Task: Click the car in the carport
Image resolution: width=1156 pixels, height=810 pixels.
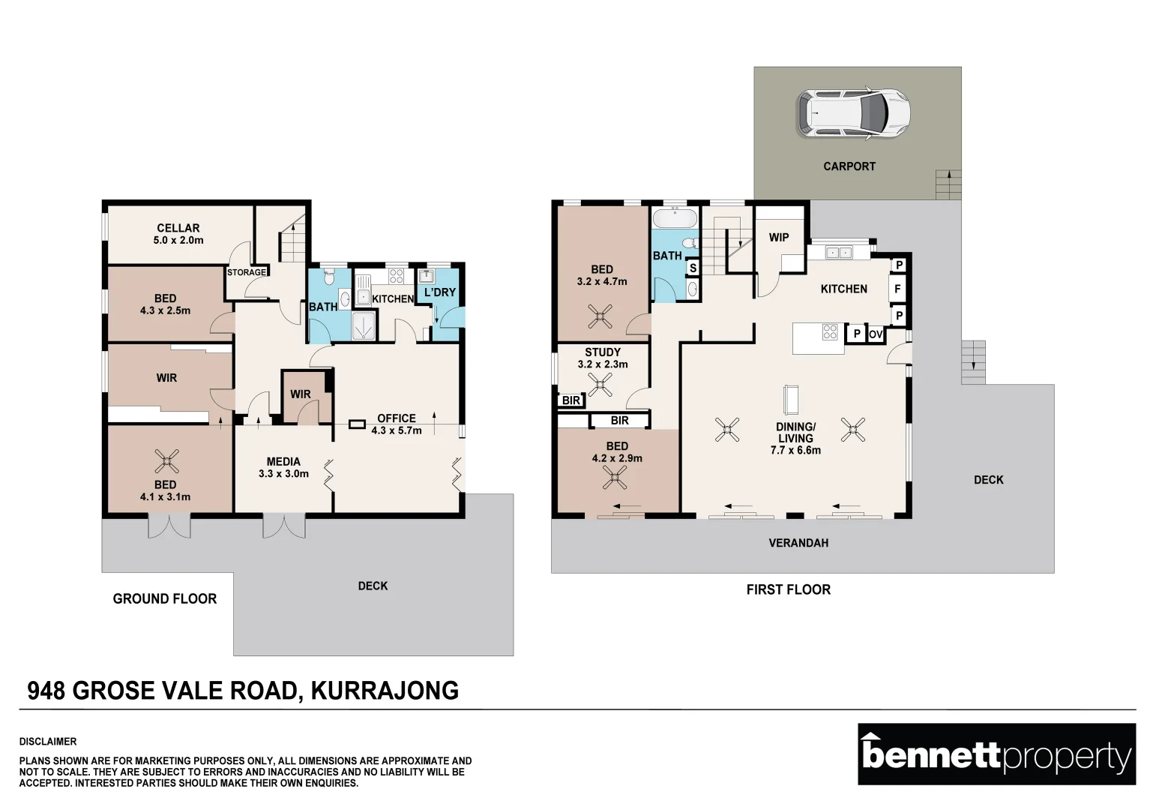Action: coord(853,114)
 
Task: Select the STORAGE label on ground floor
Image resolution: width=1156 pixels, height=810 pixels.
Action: coord(247,272)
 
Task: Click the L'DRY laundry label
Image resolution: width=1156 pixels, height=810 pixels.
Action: coord(440,292)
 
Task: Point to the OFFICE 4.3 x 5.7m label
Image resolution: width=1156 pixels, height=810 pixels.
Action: coord(397,424)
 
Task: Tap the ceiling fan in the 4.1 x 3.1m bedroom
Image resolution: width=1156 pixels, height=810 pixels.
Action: coord(166,460)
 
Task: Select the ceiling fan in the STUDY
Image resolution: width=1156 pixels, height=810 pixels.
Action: coord(600,385)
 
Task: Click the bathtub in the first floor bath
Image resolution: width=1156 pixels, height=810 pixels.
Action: coord(675,219)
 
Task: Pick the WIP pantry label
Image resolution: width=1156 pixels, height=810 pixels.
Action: coord(779,238)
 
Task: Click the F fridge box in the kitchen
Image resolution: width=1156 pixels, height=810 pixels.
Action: coord(897,289)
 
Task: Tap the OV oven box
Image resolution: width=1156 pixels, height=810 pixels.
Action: coord(876,334)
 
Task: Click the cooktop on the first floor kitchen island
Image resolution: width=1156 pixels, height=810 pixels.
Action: coord(830,331)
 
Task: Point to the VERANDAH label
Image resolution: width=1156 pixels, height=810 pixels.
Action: coord(798,543)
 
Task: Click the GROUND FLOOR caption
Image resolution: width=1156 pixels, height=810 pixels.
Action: coord(165,598)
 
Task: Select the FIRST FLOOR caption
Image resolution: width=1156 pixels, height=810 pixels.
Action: coord(788,589)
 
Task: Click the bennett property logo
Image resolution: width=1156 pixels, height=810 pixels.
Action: coord(996,754)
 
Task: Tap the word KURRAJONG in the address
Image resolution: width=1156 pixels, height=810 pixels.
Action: coord(385,691)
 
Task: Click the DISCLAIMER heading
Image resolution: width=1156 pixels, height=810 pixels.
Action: coord(48,742)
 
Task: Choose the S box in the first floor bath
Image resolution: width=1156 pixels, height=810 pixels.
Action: coord(693,268)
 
